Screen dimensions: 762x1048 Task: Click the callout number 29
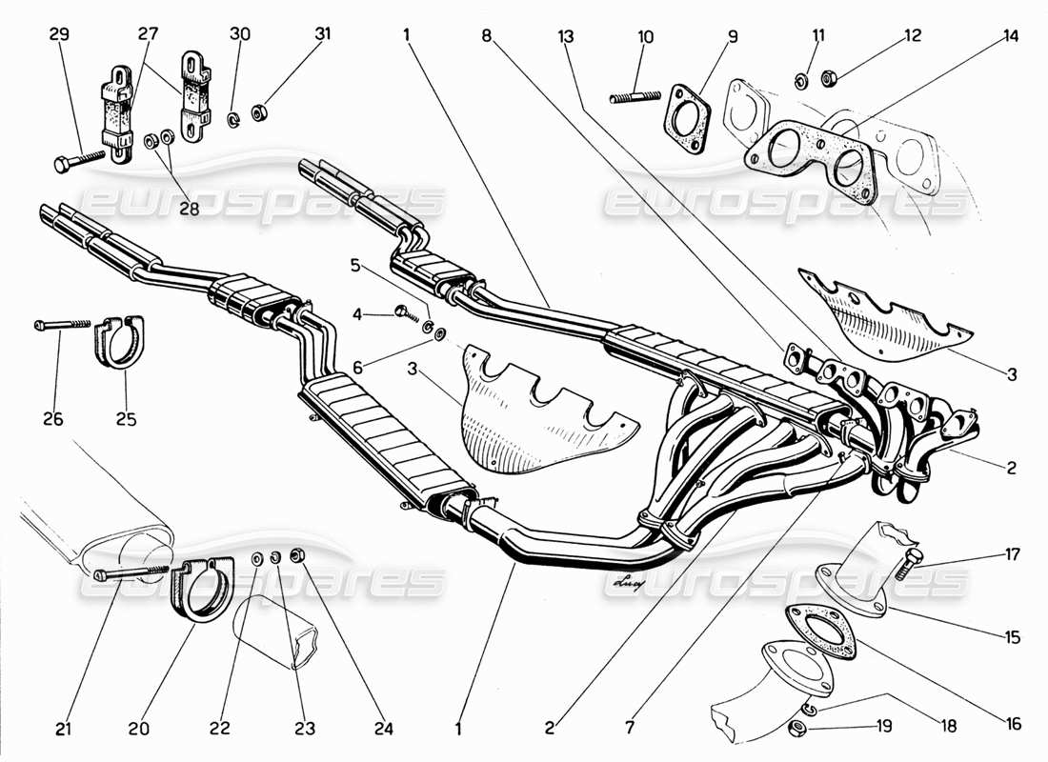point(59,35)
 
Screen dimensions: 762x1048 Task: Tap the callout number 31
point(323,35)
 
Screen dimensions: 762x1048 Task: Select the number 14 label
point(1011,37)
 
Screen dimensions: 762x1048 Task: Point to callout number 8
point(487,37)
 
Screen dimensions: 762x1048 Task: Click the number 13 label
point(567,37)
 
